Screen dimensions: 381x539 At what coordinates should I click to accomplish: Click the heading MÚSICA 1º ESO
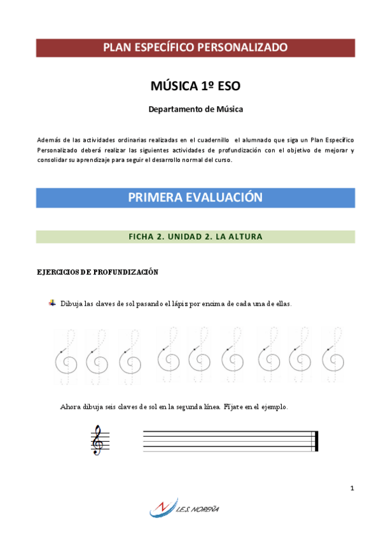(x=195, y=86)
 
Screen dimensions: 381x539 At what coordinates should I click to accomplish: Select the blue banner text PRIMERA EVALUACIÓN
(x=195, y=198)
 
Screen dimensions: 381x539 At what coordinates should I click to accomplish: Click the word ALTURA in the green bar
(x=246, y=236)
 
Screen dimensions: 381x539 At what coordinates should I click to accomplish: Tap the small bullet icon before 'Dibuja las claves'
(x=53, y=303)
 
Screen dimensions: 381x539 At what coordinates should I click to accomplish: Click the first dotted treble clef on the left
(x=66, y=357)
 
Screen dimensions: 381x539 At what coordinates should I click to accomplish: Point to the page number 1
(x=351, y=488)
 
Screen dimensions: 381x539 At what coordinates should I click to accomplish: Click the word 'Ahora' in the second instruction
(x=70, y=407)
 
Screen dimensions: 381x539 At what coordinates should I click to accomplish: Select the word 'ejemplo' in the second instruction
(x=273, y=407)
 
